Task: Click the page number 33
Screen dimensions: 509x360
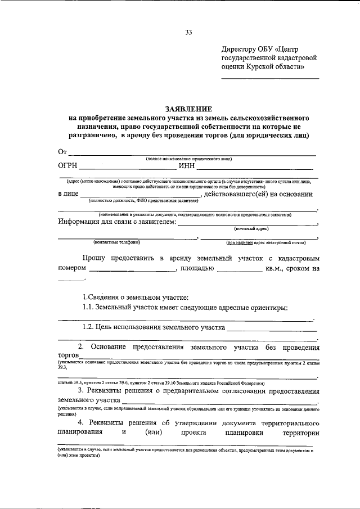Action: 188,33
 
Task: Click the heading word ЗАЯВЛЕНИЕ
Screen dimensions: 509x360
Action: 188,109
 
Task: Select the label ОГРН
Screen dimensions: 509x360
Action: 68,165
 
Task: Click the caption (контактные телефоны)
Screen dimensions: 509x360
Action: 117,242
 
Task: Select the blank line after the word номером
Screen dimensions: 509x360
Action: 133,271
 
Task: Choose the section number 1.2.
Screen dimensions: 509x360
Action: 88,327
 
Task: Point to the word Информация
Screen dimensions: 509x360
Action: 80,221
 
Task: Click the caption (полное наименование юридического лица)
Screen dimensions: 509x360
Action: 188,159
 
